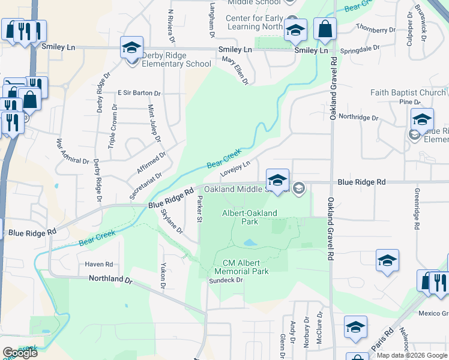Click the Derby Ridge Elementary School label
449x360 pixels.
click(176, 59)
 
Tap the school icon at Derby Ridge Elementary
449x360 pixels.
click(131, 47)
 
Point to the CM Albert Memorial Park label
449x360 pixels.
click(246, 267)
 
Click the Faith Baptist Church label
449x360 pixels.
click(408, 93)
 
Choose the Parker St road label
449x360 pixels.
click(199, 208)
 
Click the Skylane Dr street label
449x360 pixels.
click(170, 220)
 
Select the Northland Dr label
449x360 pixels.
click(110, 279)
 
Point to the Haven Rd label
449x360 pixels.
click(99, 264)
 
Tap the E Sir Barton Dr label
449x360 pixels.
click(139, 94)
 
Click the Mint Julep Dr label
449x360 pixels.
click(154, 124)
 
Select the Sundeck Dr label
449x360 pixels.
click(226, 280)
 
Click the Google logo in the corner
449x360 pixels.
click(20, 353)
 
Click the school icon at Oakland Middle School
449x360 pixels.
click(277, 179)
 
